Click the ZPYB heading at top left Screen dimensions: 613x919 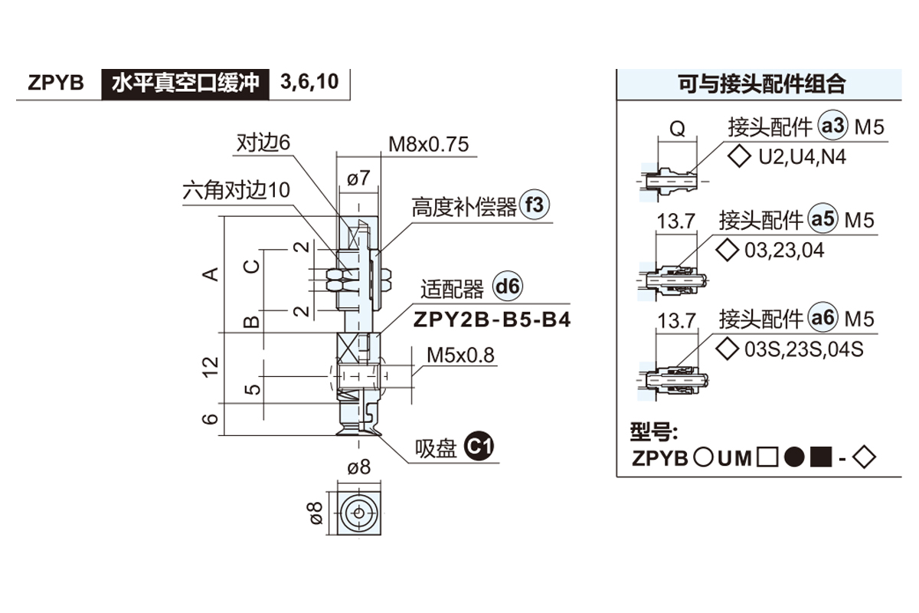pyautogui.click(x=55, y=83)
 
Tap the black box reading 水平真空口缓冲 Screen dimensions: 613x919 pyautogui.click(x=186, y=83)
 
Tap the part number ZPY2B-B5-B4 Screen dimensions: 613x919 pyautogui.click(x=492, y=320)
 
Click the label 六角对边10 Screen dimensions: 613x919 pyautogui.click(x=237, y=190)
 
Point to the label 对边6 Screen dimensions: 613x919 pyautogui.click(x=264, y=143)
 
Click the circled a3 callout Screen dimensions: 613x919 pyautogui.click(x=832, y=125)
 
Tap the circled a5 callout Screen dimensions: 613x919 pyautogui.click(x=823, y=220)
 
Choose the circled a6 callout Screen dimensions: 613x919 pyautogui.click(x=823, y=318)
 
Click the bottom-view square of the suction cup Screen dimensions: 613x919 pyautogui.click(x=358, y=512)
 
